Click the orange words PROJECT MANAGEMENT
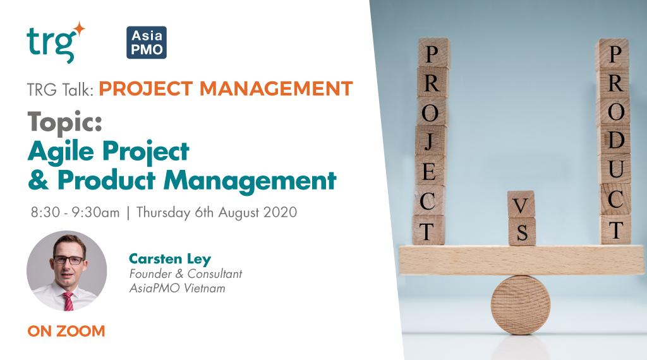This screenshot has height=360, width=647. point(226,88)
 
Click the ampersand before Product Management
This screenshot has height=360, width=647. point(37,181)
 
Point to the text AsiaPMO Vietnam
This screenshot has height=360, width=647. point(170,287)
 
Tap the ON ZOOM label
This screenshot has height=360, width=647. point(65,330)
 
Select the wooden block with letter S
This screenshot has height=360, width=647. point(521,232)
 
